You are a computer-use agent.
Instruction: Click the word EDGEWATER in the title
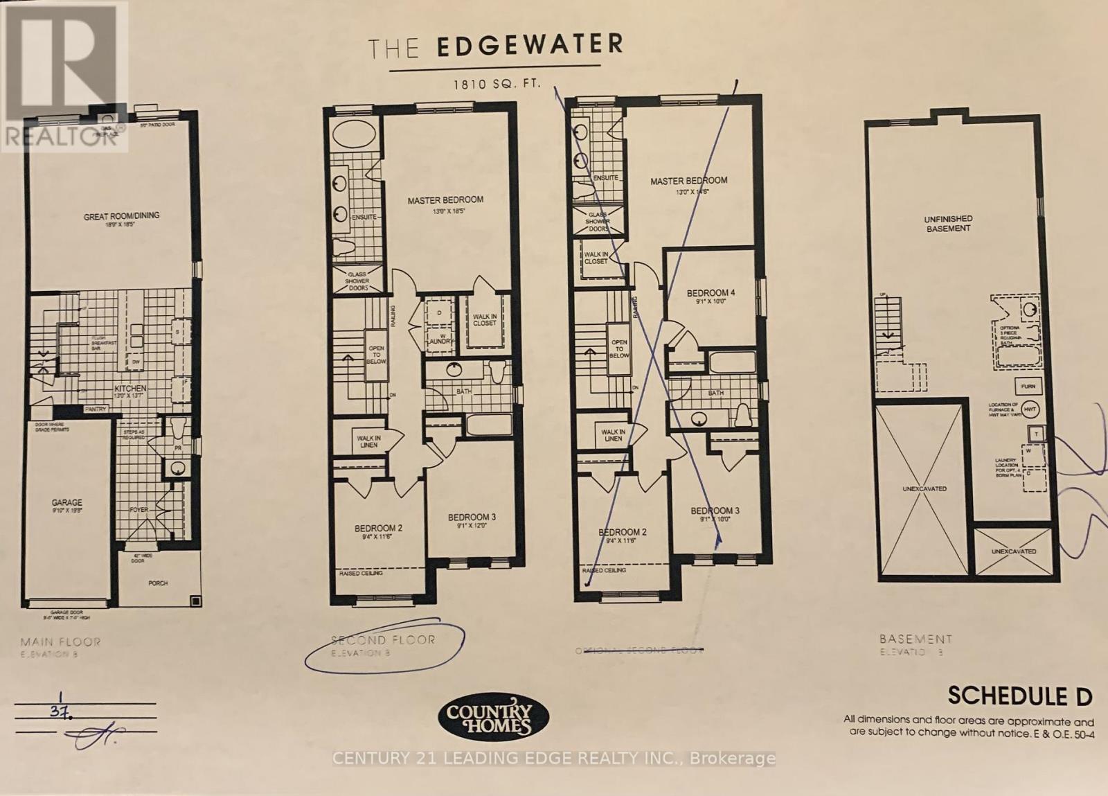point(530,45)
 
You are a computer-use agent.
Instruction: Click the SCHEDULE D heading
point(1019,696)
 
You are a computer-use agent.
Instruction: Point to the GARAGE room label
point(66,503)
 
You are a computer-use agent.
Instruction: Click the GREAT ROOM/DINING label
point(121,216)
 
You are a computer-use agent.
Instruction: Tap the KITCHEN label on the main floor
point(130,389)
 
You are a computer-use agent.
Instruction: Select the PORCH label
point(158,583)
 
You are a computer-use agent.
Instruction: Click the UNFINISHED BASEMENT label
point(948,224)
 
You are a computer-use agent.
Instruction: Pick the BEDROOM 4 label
point(711,293)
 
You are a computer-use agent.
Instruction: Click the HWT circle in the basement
point(1030,409)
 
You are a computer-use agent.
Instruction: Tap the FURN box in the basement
point(1028,387)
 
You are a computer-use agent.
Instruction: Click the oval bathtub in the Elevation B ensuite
point(354,134)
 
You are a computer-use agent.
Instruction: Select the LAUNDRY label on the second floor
point(440,342)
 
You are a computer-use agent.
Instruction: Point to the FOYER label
point(139,510)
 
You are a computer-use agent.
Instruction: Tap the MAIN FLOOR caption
point(60,642)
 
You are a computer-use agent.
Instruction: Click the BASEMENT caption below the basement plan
point(915,639)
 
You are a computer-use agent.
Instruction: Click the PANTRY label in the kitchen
point(96,409)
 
